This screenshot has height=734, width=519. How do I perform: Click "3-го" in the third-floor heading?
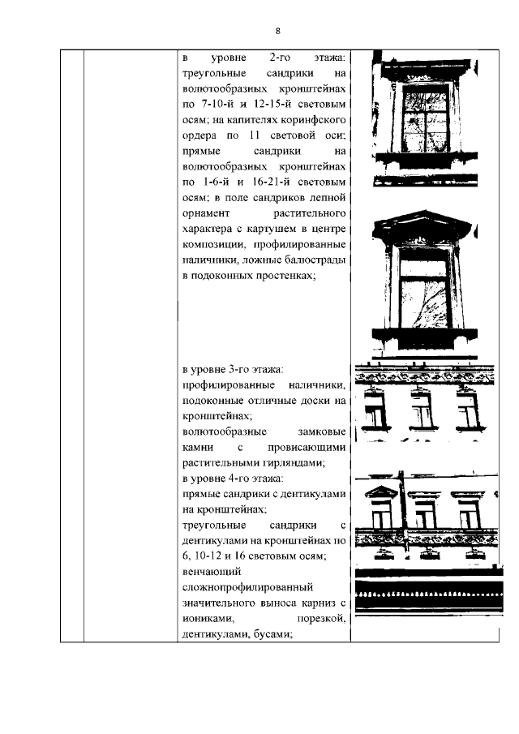coord(247,370)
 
